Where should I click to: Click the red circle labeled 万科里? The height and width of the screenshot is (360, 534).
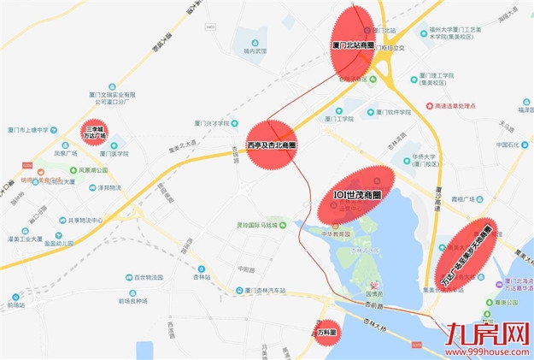[326, 329]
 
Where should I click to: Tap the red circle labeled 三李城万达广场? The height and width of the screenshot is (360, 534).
[95, 133]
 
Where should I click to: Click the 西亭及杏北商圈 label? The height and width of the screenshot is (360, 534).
[271, 145]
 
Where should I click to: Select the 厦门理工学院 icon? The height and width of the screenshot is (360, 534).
[414, 79]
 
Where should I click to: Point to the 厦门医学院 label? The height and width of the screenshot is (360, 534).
[112, 153]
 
